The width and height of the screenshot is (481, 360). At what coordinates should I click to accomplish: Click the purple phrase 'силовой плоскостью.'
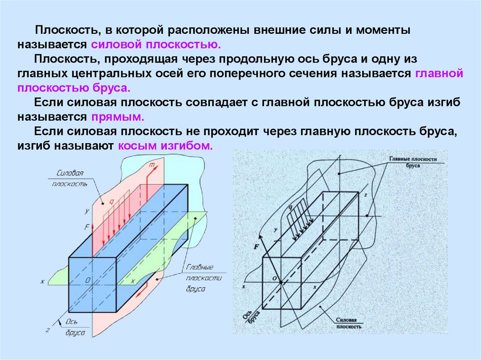156,46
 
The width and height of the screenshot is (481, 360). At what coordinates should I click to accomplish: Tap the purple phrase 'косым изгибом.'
166,146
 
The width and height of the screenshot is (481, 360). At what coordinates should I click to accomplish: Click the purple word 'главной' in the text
440,74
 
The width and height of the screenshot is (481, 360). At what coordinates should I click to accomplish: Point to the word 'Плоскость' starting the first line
66,31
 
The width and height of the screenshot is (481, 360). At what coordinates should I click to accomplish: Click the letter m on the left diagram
151,165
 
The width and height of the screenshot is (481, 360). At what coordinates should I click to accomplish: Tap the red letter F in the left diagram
87,226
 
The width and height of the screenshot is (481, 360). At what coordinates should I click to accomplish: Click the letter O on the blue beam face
87,280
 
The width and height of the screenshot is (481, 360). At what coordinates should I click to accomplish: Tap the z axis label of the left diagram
48,330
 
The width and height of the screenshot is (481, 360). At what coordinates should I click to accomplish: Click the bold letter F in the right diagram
256,246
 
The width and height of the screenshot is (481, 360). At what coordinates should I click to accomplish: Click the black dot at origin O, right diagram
280,282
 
